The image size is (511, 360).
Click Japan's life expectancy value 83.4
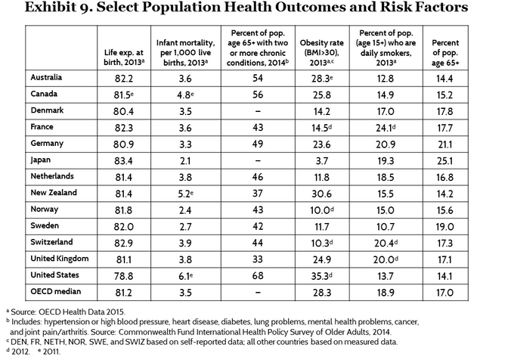point(123,161)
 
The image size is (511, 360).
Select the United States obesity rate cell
point(321,276)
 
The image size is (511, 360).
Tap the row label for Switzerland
point(51,242)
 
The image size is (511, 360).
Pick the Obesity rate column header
point(322,52)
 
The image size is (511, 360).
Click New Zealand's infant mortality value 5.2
point(185,194)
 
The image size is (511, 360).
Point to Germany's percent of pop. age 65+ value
point(444,144)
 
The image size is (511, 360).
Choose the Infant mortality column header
point(185,52)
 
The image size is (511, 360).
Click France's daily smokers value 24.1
point(386,128)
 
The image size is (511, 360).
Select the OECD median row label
point(56,291)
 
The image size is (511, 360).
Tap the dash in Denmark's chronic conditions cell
point(258,111)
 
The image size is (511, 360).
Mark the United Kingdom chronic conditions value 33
point(258,259)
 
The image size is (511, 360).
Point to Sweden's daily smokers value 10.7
point(386,227)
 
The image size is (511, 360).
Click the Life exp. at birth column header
point(124,57)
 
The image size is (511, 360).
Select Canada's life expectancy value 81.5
point(124,95)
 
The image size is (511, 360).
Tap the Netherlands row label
point(52,176)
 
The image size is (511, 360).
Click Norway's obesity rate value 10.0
point(322,210)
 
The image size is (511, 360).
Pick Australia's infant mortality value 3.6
point(185,78)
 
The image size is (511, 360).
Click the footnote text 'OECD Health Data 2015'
point(82,312)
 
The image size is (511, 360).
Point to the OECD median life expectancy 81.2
point(123,293)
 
